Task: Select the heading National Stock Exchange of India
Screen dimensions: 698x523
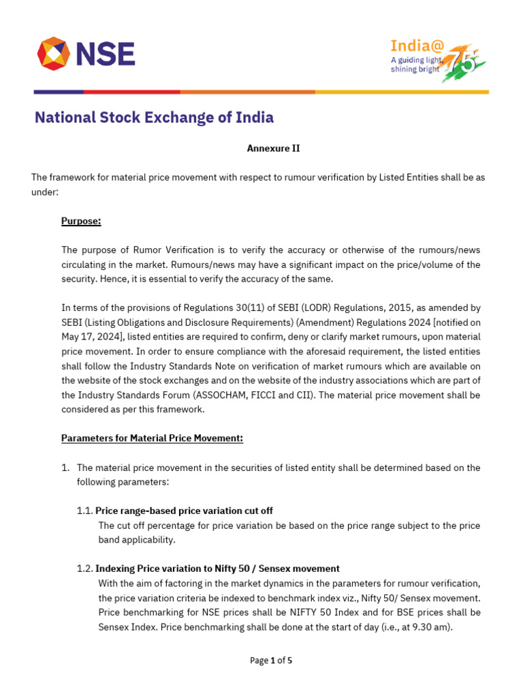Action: coord(154,117)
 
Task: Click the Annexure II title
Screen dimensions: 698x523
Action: coord(272,148)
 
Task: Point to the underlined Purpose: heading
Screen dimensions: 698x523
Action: coord(81,221)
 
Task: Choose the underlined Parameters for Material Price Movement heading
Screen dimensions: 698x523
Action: coord(152,438)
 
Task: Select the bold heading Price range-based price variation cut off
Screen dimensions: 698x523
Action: coord(184,511)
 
